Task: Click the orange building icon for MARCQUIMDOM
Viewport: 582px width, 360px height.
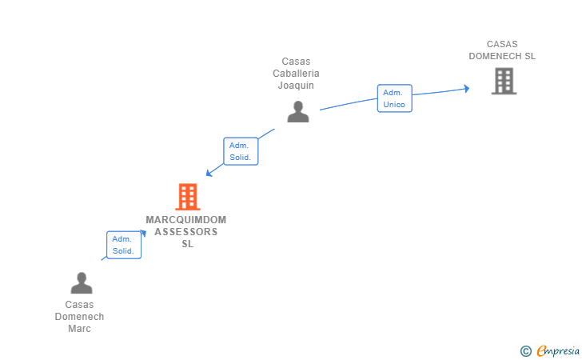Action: coord(188,197)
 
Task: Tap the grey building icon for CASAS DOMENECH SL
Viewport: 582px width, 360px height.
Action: coord(504,81)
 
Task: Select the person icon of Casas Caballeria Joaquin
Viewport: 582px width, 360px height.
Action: coord(298,111)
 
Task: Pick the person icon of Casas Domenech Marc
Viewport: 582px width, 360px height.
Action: coord(82,283)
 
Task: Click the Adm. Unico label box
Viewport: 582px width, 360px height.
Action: coord(395,98)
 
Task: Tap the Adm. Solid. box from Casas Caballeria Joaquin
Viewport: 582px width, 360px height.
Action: coord(241,151)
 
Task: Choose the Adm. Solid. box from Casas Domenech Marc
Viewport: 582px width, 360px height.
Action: coord(124,245)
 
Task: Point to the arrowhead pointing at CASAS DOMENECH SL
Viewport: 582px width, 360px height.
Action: coord(467,89)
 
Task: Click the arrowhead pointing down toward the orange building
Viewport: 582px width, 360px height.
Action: coord(209,173)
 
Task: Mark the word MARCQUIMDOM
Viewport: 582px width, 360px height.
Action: coord(186,220)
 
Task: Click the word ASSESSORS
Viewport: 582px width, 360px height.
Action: coord(186,232)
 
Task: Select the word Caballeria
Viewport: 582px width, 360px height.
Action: coord(296,74)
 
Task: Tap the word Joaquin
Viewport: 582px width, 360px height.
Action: coord(296,86)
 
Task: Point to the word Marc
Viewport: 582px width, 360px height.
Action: coord(79,329)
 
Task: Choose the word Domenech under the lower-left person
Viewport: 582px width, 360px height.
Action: coord(79,317)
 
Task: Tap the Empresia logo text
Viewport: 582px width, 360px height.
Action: coord(558,350)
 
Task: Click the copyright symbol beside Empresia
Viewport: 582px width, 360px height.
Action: coord(526,351)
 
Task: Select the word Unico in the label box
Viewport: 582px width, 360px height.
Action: coord(394,105)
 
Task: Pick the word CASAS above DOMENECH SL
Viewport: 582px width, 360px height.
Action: coord(502,44)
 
